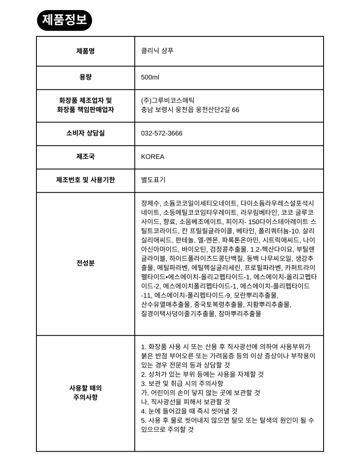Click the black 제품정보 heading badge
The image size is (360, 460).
pyautogui.click(x=64, y=20)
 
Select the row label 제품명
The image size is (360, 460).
pyautogui.click(x=85, y=51)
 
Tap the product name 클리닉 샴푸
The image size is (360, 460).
pyautogui.click(x=157, y=51)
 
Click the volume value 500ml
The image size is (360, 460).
pyautogui.click(x=150, y=77)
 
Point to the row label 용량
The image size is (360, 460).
pyautogui.click(x=85, y=77)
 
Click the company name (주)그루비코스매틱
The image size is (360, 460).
pyautogui.click(x=167, y=100)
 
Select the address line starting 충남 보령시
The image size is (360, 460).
pyautogui.click(x=190, y=110)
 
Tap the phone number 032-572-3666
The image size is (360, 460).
pyautogui.click(x=162, y=133)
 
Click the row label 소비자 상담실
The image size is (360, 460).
pyautogui.click(x=85, y=133)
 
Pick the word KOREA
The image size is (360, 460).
pyautogui.click(x=152, y=157)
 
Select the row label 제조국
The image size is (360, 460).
pyautogui.click(x=85, y=156)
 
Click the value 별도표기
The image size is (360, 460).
pyautogui.click(x=153, y=180)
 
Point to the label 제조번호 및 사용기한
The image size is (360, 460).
pyautogui.click(x=85, y=180)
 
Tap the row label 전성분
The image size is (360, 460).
pyautogui.click(x=85, y=263)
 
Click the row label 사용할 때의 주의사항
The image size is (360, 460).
pyautogui.click(x=85, y=393)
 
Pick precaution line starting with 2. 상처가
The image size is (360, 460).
pyautogui.click(x=202, y=374)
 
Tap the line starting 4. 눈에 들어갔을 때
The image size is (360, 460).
pyautogui.click(x=189, y=411)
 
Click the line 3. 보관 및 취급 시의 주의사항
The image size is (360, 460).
pyautogui.click(x=182, y=383)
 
